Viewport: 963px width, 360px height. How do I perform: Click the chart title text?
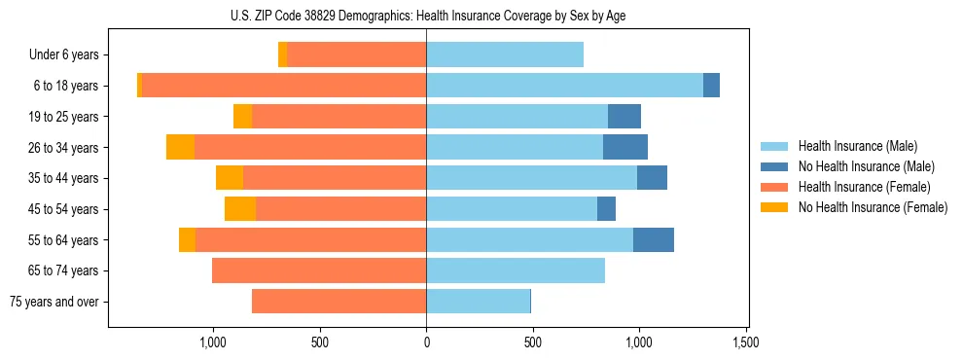(x=426, y=17)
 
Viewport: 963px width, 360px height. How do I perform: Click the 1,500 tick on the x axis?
(x=745, y=342)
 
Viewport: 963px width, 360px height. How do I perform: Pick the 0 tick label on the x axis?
(x=426, y=342)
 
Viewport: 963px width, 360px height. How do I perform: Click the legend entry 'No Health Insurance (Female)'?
(x=873, y=207)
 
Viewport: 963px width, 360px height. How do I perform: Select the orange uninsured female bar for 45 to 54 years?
(x=240, y=209)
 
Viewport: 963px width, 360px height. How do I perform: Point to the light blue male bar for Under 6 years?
(x=505, y=54)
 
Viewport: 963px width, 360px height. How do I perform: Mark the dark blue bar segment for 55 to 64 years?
(x=654, y=239)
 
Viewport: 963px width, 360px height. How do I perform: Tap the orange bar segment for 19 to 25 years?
(x=243, y=117)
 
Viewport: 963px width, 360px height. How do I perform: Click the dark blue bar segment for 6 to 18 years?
(x=711, y=86)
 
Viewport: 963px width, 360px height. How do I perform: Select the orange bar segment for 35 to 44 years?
(x=230, y=178)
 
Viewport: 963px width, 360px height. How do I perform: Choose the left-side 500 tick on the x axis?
(x=319, y=342)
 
